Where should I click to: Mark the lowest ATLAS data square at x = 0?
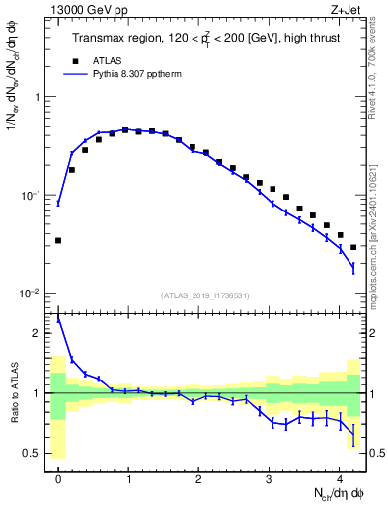tap(58, 240)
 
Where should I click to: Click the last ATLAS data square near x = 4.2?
tap(353, 247)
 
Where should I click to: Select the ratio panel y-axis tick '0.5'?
tap(38, 453)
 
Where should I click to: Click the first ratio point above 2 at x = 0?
tap(58, 318)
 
